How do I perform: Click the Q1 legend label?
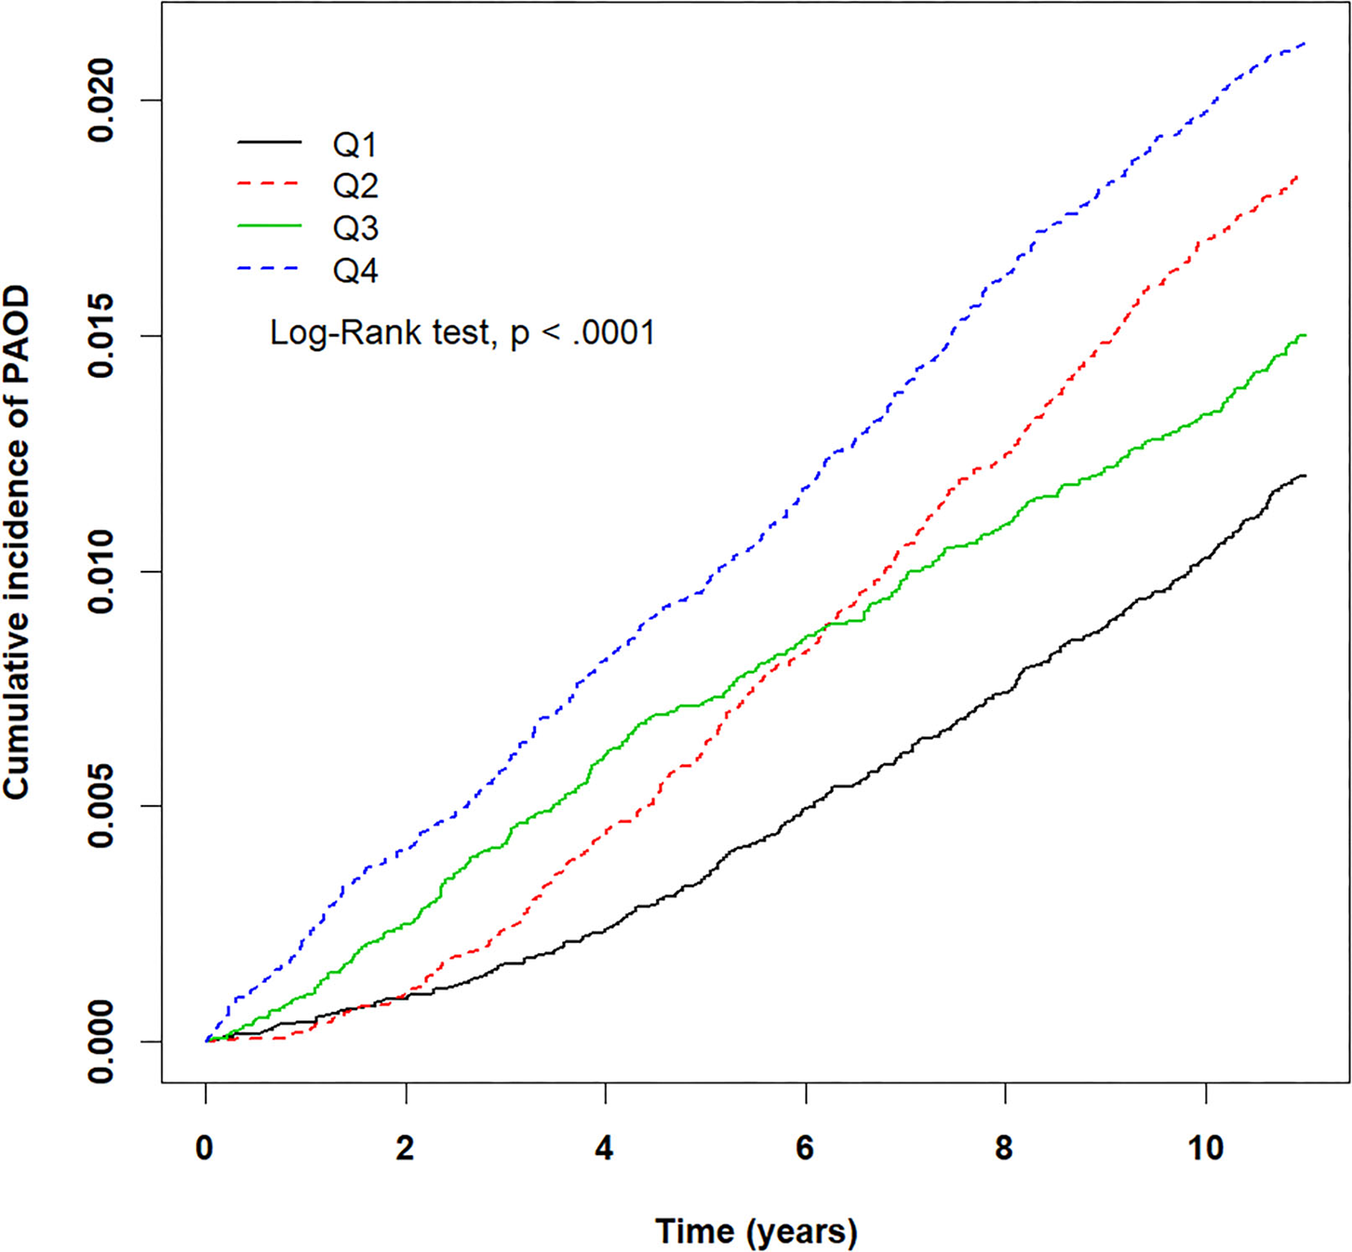pyautogui.click(x=355, y=145)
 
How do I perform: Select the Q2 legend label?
pyautogui.click(x=355, y=186)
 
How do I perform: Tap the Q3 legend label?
pyautogui.click(x=355, y=228)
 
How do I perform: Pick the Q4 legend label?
pyautogui.click(x=355, y=271)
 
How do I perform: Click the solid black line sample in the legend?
pyautogui.click(x=270, y=142)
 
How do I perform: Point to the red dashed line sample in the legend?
pyautogui.click(x=270, y=184)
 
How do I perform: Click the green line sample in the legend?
pyautogui.click(x=270, y=226)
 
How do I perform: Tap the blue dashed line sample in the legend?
pyautogui.click(x=270, y=269)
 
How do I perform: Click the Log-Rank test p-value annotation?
pyautogui.click(x=462, y=333)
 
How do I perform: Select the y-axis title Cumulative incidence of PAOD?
pyautogui.click(x=17, y=543)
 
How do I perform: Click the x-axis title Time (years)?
pyautogui.click(x=756, y=1232)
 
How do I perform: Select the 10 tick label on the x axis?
pyautogui.click(x=1205, y=1149)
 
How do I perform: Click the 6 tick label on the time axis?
pyautogui.click(x=805, y=1149)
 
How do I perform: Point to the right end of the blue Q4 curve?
pyautogui.click(x=1305, y=44)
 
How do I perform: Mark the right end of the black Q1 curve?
pyautogui.click(x=1305, y=476)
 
